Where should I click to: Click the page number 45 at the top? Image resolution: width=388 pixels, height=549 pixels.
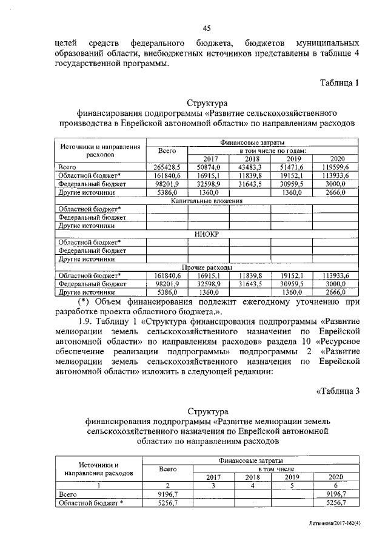pos(206,27)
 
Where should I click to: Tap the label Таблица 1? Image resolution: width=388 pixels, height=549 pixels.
pos(339,83)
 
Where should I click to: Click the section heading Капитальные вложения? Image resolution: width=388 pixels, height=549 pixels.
pos(207,200)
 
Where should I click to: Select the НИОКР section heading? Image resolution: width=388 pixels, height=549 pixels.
pos(207,234)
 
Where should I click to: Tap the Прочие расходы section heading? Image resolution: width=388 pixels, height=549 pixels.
pos(207,267)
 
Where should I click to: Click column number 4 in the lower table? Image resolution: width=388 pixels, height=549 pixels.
pos(253,485)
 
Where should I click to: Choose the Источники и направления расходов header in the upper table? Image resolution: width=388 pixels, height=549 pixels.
pos(101,150)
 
